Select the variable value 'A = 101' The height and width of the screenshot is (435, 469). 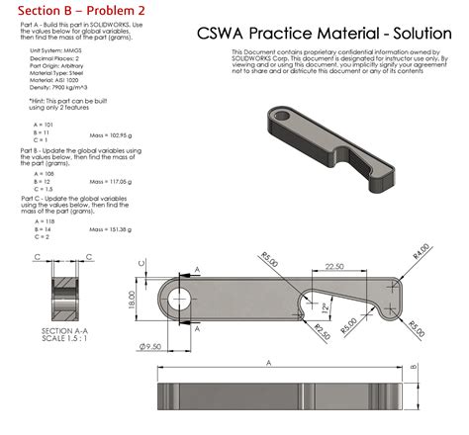(x=44, y=126)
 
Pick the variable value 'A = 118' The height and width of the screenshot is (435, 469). (x=44, y=222)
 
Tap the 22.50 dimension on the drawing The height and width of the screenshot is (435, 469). (x=333, y=266)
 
